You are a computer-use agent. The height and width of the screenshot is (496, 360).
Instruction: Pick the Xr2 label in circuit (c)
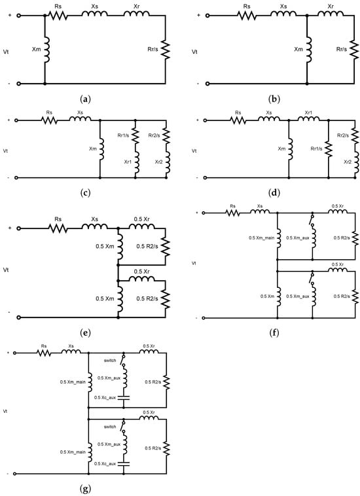tap(158, 161)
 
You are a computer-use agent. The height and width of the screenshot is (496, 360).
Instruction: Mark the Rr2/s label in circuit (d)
tap(343, 135)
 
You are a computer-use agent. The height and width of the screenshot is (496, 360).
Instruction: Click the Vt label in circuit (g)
tap(5, 411)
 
